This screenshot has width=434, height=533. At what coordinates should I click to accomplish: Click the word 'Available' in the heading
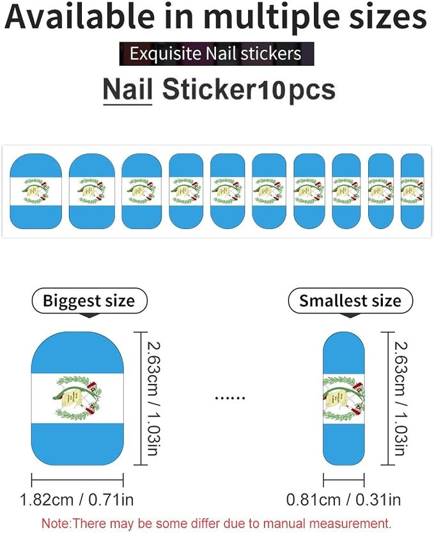79,17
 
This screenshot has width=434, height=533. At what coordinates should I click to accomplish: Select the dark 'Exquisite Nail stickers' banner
217,54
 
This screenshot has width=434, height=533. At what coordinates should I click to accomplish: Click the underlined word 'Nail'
127,90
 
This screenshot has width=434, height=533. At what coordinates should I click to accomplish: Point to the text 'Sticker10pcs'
249,90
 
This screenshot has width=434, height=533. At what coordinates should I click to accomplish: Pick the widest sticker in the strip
36,191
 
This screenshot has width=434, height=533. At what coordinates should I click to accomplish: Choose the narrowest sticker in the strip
412,191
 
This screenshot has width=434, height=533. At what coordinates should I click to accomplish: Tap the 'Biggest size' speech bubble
89,301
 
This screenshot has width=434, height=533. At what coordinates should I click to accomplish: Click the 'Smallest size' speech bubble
350,301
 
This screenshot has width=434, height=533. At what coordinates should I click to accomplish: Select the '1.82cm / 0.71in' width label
77,500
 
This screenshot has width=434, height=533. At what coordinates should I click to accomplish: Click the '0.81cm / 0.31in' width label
343,500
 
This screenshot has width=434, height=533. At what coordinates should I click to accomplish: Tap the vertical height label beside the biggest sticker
153,399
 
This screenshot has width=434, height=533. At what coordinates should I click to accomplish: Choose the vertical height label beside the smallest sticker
401,399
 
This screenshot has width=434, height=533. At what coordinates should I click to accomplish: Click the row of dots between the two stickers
230,397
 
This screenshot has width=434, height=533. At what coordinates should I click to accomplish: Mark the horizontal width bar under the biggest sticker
77,480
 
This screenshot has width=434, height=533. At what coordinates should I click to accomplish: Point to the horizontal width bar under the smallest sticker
344,480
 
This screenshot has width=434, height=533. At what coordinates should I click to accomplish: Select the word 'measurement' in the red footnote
348,523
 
